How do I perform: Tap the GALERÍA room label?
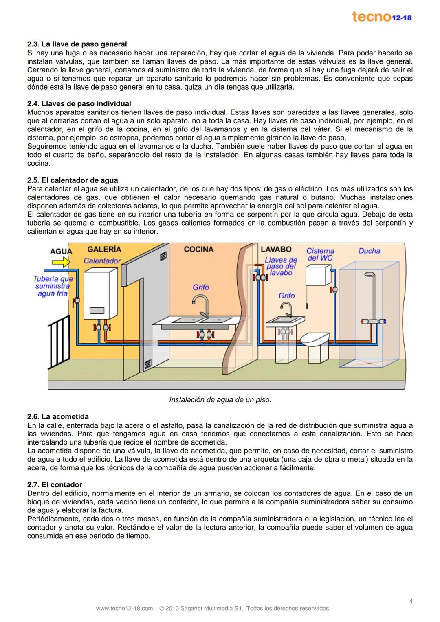point(104,249)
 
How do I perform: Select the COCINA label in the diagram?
point(198,249)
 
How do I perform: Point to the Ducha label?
point(369,251)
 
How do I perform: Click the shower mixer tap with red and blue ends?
point(374,322)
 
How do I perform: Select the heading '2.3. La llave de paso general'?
point(77,44)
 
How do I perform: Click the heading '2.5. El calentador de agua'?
point(73,180)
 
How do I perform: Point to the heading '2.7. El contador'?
point(55,484)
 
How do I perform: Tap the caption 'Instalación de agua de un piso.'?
point(220,400)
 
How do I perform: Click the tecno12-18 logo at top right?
point(381,17)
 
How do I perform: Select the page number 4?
point(411,601)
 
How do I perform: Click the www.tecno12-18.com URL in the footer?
point(124,609)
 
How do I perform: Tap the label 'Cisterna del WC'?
point(320,254)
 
